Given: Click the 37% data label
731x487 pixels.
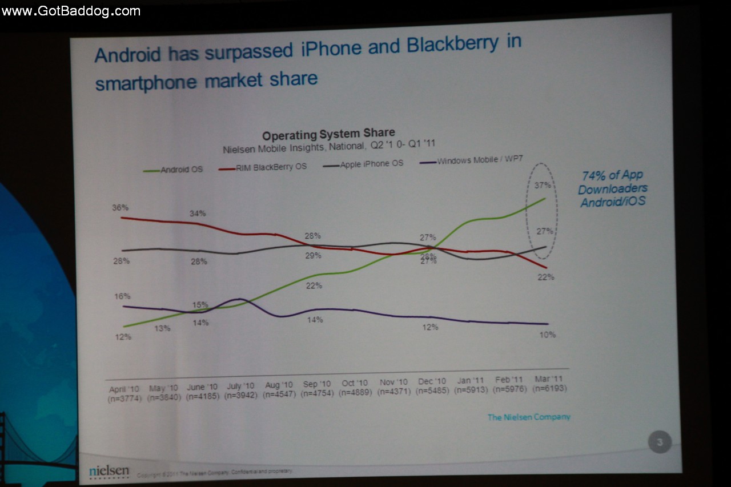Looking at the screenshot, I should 543,185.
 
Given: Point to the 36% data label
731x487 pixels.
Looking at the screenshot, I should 121,208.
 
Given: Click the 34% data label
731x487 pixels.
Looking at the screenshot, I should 198,214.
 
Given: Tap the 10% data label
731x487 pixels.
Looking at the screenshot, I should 547,335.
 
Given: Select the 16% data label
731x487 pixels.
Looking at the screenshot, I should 122,296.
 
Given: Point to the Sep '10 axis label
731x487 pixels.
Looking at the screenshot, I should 317,384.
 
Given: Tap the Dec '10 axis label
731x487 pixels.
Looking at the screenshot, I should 432,381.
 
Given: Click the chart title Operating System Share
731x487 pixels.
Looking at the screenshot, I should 328,135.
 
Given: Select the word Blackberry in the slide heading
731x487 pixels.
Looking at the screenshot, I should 451,45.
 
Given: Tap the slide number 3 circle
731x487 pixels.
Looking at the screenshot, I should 660,442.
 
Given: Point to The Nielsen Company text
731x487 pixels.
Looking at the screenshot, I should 528,417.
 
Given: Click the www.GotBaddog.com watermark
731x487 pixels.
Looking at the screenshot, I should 71,10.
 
